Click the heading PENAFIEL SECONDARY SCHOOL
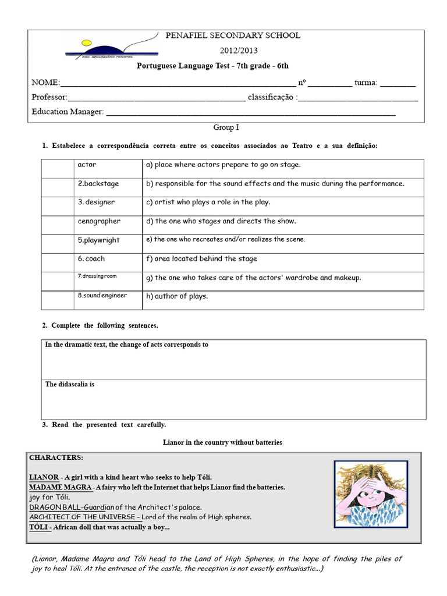pyautogui.click(x=233, y=36)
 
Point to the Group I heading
pyautogui.click(x=226, y=127)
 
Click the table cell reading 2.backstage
pyautogui.click(x=98, y=184)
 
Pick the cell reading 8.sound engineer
pyautogui.click(x=102, y=296)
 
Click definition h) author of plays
pyautogui.click(x=177, y=296)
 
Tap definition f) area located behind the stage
pyautogui.click(x=201, y=259)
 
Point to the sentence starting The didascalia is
pyautogui.click(x=70, y=385)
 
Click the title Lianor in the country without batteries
pyautogui.click(x=222, y=443)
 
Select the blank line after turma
pyautogui.click(x=399, y=84)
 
